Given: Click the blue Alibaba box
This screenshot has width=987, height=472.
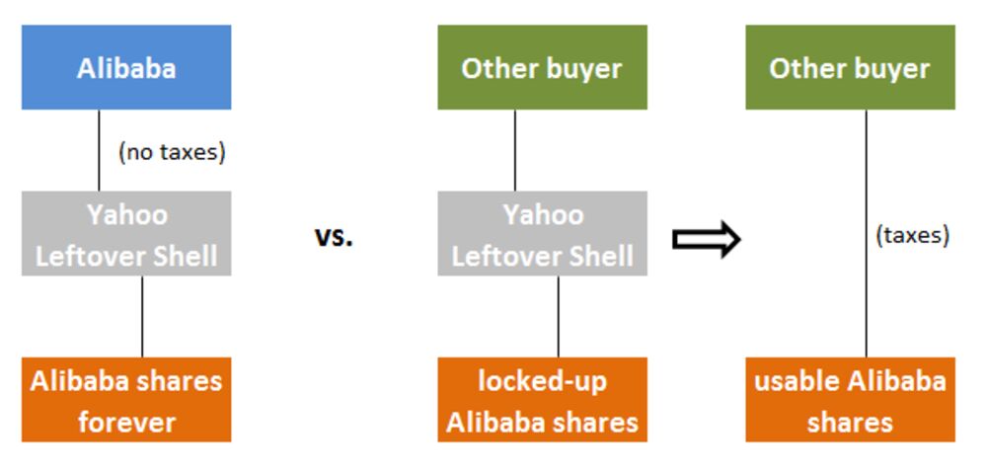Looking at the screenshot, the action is coord(126,67).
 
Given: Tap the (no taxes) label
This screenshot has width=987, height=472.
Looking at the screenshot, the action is coord(172,152).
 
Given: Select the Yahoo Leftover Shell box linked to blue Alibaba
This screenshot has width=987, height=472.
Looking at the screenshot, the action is coord(126,233).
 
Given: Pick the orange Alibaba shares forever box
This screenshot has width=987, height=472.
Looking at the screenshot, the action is coord(126,400).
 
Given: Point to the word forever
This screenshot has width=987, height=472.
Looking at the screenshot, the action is coord(126,422).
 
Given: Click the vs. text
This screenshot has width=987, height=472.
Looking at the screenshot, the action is coord(334,237).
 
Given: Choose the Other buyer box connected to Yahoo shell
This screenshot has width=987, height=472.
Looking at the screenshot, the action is coord(543,67).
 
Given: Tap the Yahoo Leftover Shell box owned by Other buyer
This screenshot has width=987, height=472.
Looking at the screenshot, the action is coord(543,233).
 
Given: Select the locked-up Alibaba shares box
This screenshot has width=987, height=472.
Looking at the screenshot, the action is coord(543,400).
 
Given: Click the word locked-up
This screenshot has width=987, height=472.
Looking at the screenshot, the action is coord(543,381).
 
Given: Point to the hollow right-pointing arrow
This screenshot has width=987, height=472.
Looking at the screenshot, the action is coord(707,239).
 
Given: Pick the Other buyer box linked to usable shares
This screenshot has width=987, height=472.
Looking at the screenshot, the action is coord(851,67).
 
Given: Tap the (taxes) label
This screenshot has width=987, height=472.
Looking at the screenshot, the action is coord(913,235).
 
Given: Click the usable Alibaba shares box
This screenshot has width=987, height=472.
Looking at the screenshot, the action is coord(851,400).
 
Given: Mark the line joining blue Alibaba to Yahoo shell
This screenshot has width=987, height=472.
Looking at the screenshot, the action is coord(99,150).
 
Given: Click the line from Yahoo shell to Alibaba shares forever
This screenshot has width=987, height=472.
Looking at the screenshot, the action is coord(141,317).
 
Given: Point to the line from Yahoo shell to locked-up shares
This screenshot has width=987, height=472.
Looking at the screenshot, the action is coord(558,317).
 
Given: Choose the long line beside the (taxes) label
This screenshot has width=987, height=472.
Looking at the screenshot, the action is coord(866,233).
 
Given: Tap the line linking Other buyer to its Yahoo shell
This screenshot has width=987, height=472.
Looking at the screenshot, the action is coord(515,150).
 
